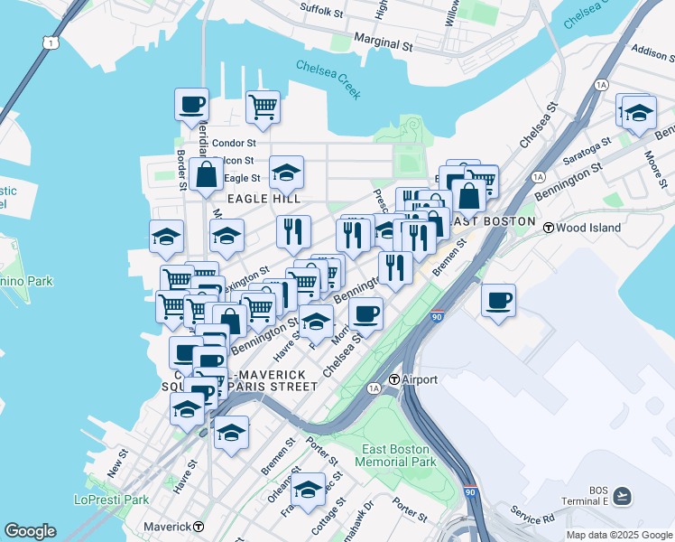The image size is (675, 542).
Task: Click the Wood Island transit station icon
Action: coord(548,228)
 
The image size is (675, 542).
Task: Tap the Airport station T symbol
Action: coord(393,379)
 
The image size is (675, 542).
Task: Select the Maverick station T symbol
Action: coord(198,526)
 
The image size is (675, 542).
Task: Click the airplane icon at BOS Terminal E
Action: coord(622,496)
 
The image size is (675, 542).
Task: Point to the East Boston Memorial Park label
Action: coord(398,455)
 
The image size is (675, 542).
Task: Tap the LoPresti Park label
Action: coord(111,500)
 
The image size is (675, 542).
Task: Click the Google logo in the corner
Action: coord(30,531)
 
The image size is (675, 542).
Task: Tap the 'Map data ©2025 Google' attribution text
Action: coord(618,535)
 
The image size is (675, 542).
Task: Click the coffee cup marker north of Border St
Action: coord(191,104)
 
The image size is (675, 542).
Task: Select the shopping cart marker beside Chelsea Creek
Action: coord(263,106)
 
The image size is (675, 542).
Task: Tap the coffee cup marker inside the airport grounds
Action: coord(498,300)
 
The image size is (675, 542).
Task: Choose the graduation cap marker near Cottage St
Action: coord(308,489)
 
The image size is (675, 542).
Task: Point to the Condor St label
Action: coord(234,143)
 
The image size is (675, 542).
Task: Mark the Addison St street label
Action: coord(653,51)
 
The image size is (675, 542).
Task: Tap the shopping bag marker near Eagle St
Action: coord(207,174)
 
